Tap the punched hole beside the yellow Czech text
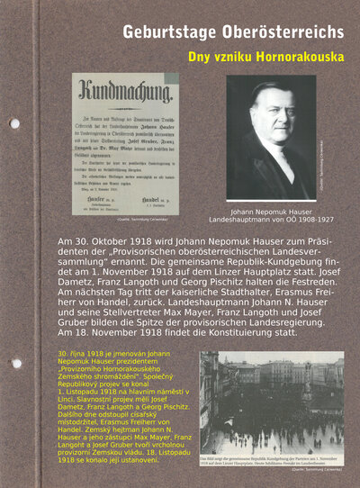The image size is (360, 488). [x=15, y=363]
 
